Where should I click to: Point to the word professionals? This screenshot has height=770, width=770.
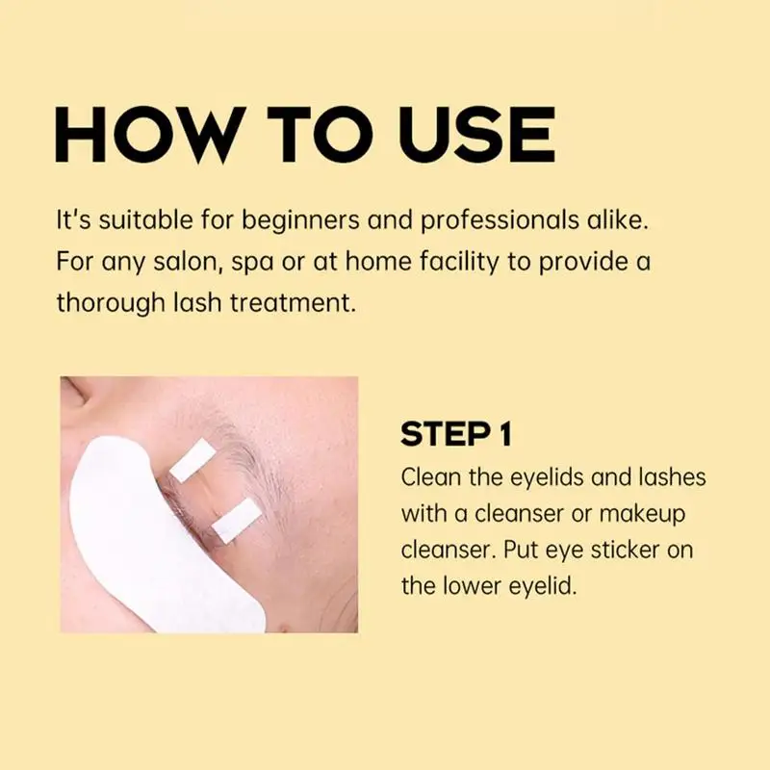[x=500, y=221]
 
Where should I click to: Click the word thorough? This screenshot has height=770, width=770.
[x=110, y=302]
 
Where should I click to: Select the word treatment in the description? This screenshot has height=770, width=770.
[x=293, y=302]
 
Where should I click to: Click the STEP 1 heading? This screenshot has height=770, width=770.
[x=456, y=434]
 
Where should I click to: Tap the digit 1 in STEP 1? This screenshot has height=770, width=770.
[x=505, y=434]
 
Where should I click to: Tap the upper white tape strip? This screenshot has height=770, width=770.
[x=192, y=460]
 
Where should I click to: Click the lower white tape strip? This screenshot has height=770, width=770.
[x=237, y=521]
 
